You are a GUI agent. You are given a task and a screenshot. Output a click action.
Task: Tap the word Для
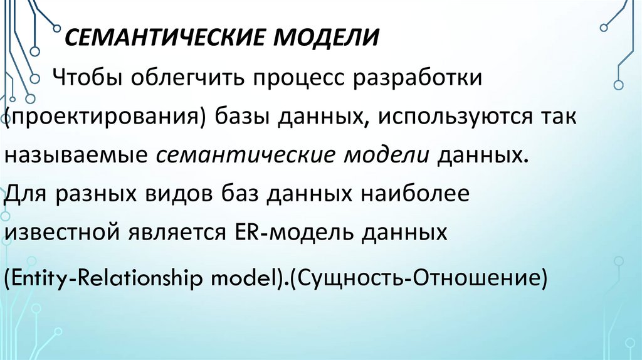(x=26, y=193)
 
